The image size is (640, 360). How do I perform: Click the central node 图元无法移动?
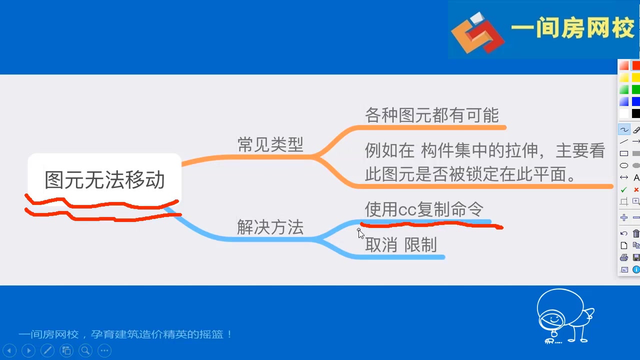point(104,180)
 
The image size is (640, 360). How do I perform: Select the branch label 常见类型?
point(270,144)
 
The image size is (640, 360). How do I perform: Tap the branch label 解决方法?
point(270,227)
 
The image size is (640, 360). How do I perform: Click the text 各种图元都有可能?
point(431,115)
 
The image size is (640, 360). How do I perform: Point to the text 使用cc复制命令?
point(424,209)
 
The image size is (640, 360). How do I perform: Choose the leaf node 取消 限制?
point(401,245)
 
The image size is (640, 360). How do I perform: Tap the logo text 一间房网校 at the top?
point(572,29)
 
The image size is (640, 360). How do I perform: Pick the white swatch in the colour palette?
point(624,113)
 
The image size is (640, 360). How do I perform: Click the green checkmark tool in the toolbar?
point(623,190)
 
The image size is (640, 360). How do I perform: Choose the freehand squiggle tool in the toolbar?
point(624,130)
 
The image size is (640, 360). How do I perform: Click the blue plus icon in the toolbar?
point(624,217)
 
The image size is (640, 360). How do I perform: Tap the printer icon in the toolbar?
point(624,257)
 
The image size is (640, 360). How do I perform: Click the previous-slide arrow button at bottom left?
point(9,350)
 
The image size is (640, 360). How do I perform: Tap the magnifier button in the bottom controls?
point(85,350)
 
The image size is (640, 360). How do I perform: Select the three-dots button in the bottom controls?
point(104,350)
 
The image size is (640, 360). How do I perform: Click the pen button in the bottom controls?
point(47,350)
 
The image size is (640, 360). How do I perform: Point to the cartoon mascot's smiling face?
point(552,318)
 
